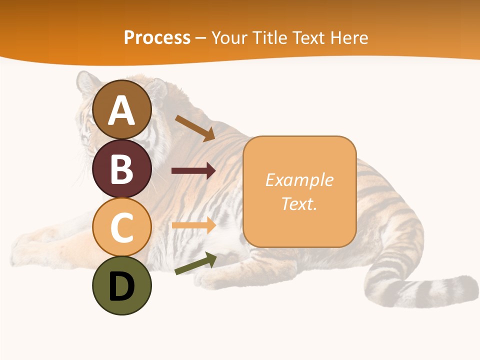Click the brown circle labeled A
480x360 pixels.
pos(122,110)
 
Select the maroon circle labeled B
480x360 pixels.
pos(122,168)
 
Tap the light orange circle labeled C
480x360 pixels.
pos(122,227)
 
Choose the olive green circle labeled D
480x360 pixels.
pos(122,285)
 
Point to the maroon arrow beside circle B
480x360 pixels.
pos(193,171)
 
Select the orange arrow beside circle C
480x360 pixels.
pos(193,225)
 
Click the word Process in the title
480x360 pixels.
pos(157,38)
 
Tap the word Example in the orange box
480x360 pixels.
pos(299,180)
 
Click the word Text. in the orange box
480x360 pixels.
pos(299,203)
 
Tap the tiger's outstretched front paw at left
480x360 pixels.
pos(30,250)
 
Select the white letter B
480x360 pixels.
pos(122,169)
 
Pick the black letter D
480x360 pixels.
pos(122,286)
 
